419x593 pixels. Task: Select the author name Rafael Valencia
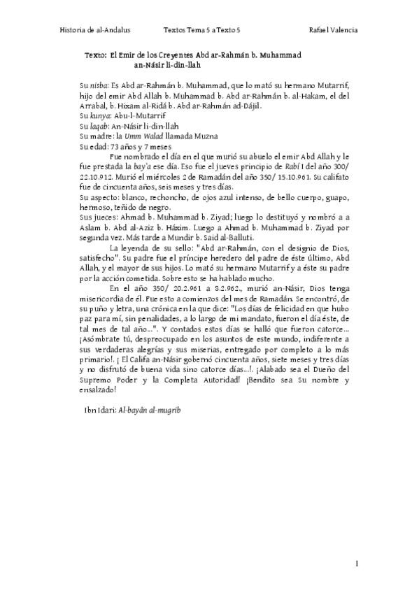(334, 30)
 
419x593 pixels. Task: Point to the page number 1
(357, 564)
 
